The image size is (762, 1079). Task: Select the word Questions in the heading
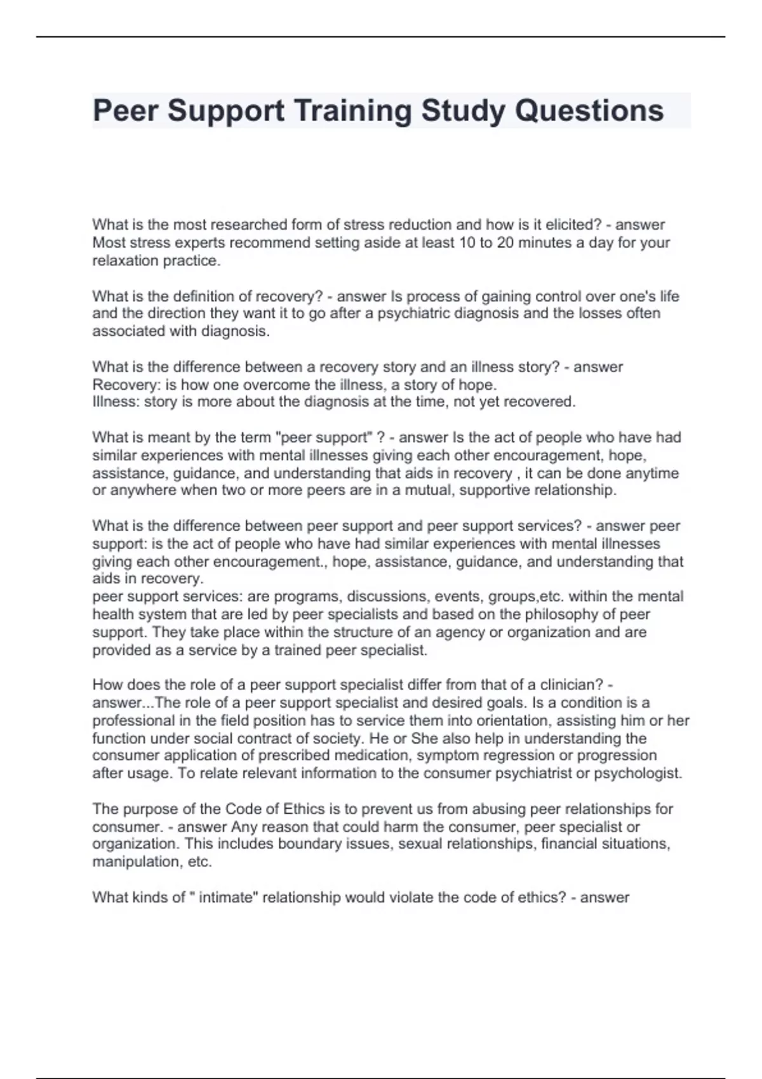[x=589, y=110]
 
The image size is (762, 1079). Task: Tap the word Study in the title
[x=464, y=110]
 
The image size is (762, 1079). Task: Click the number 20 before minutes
[x=505, y=242]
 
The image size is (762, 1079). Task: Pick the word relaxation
[x=126, y=260]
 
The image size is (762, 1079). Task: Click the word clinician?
[x=571, y=685]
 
